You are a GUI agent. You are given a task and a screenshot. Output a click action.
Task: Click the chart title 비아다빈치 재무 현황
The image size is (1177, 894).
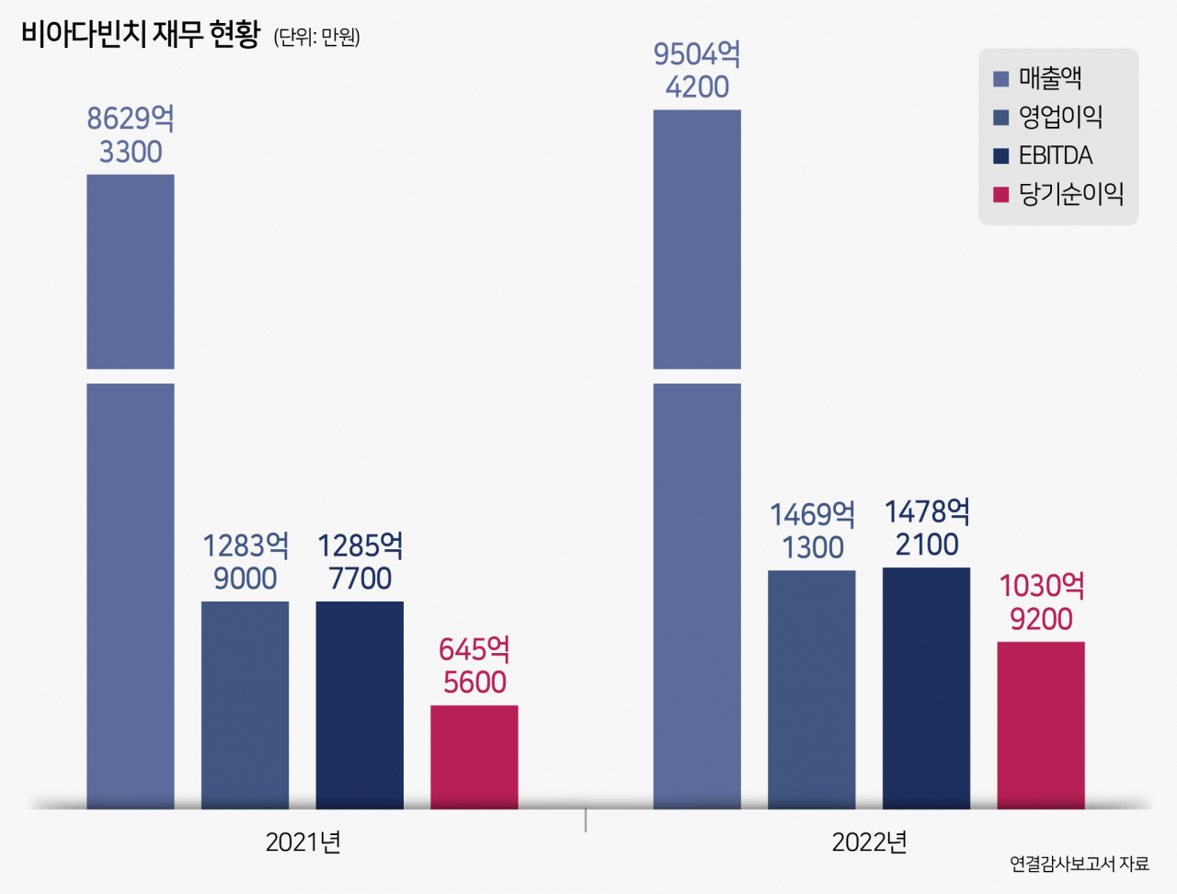pyautogui.click(x=141, y=34)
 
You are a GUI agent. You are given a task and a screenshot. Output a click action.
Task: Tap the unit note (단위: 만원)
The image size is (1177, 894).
pyautogui.click(x=317, y=37)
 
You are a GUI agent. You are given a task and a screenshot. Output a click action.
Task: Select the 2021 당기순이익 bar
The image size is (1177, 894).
pyautogui.click(x=474, y=757)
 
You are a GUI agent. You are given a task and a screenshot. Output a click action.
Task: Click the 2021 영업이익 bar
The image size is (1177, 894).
pyautogui.click(x=245, y=705)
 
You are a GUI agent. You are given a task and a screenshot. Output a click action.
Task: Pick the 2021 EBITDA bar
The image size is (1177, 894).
pyautogui.click(x=360, y=705)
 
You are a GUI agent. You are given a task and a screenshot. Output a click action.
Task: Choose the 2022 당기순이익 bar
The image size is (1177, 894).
pyautogui.click(x=1041, y=725)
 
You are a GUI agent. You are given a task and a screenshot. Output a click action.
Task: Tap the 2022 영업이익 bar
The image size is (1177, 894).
pyautogui.click(x=811, y=690)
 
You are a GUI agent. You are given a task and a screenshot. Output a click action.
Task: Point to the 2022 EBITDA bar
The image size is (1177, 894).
pyautogui.click(x=926, y=688)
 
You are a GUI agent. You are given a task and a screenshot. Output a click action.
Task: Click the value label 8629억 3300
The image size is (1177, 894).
pyautogui.click(x=131, y=134)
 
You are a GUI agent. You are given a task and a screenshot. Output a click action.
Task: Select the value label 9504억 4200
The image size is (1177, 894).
pyautogui.click(x=697, y=70)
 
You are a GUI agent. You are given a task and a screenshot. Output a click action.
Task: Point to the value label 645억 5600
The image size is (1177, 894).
pyautogui.click(x=474, y=665)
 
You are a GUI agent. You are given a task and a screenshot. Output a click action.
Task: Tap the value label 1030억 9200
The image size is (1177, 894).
pyautogui.click(x=1041, y=602)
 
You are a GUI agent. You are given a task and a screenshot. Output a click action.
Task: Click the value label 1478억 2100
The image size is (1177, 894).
pyautogui.click(x=927, y=528)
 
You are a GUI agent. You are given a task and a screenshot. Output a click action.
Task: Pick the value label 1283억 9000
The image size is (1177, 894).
pyautogui.click(x=245, y=561)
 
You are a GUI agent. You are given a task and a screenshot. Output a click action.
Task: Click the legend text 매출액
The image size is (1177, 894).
pyautogui.click(x=1050, y=78)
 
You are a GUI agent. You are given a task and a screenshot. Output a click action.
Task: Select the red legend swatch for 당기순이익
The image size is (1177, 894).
pyautogui.click(x=1000, y=194)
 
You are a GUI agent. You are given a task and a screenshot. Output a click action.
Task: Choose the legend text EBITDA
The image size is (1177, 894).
pyautogui.click(x=1056, y=155)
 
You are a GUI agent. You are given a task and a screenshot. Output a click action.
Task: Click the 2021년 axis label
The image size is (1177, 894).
pyautogui.click(x=303, y=842)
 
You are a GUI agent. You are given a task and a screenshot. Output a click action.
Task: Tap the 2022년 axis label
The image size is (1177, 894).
pyautogui.click(x=869, y=842)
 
